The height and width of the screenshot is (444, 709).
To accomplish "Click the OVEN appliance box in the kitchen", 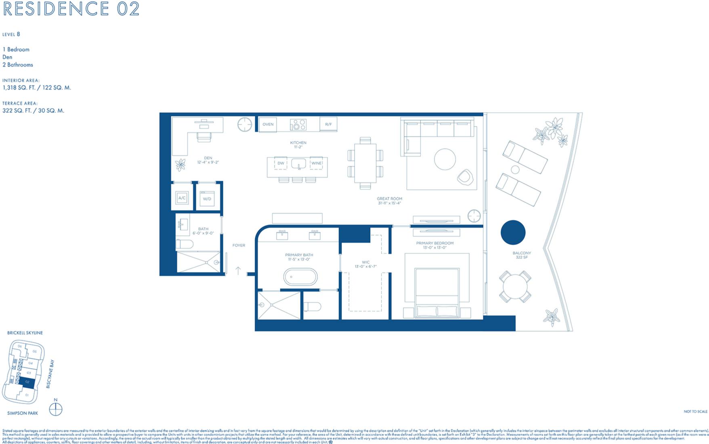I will [x=268, y=124].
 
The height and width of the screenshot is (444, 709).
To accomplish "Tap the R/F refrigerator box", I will [x=328, y=124].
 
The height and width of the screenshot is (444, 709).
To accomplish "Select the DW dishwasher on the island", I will [x=281, y=163].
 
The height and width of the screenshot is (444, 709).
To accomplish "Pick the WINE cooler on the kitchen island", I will [x=316, y=163].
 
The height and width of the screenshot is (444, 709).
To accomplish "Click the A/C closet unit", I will [x=182, y=198].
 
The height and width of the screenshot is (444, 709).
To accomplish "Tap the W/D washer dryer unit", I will [x=207, y=199].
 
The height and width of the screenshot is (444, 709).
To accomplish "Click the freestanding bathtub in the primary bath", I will [x=300, y=277].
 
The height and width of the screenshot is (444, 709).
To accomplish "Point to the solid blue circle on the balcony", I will [x=513, y=232].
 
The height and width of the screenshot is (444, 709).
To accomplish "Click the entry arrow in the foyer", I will [x=238, y=271].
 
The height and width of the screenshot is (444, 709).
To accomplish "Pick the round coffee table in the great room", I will [x=445, y=159].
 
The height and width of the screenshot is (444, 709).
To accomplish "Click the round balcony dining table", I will [x=515, y=287].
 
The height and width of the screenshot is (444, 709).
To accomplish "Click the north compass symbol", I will [x=56, y=410].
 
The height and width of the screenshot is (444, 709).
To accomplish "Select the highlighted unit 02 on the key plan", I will [x=27, y=382].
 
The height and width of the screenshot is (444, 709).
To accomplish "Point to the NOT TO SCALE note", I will [x=695, y=411].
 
